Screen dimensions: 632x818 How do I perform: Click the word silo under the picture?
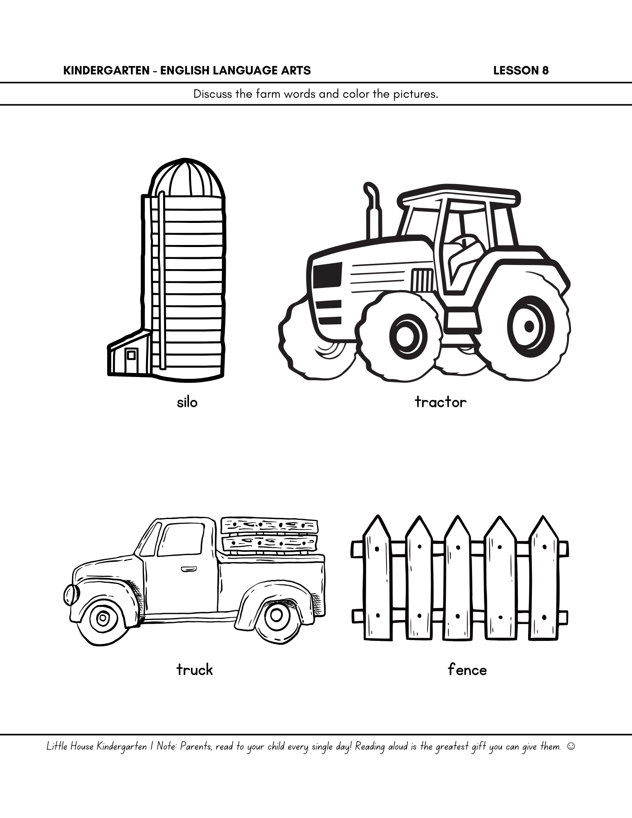187,402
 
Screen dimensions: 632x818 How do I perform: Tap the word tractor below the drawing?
441,402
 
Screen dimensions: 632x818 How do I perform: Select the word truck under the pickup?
195,670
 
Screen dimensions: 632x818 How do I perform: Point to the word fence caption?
467,670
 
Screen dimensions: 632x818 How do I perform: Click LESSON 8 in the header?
521,71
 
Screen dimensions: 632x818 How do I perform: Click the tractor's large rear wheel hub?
529,326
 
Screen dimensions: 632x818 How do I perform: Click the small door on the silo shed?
131,355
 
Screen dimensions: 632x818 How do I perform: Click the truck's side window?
180,539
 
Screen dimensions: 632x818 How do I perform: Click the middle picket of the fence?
458,577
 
